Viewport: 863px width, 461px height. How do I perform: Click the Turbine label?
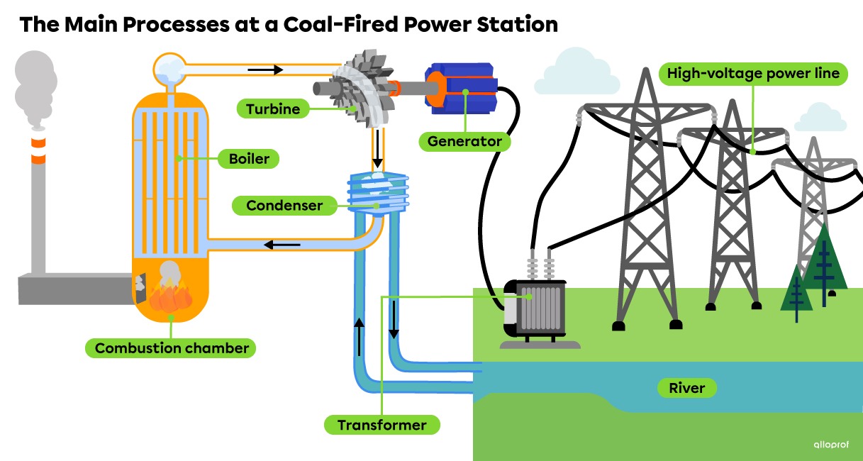(273, 109)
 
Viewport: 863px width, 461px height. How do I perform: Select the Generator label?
(464, 141)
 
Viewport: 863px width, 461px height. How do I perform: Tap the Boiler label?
(249, 159)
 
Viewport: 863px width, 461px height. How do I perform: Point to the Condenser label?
(284, 206)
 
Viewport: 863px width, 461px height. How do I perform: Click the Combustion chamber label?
(172, 348)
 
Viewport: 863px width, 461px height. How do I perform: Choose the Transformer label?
(382, 426)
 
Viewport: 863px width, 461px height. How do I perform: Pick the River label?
(686, 388)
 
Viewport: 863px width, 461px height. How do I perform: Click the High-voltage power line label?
(753, 74)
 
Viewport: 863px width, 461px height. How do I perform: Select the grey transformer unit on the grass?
(540, 309)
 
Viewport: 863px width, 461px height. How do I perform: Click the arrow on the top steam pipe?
(265, 70)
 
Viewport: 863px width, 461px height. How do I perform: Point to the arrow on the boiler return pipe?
(282, 245)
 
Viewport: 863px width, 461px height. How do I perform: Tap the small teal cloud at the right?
(820, 118)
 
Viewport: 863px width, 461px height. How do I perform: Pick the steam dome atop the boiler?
(170, 68)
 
